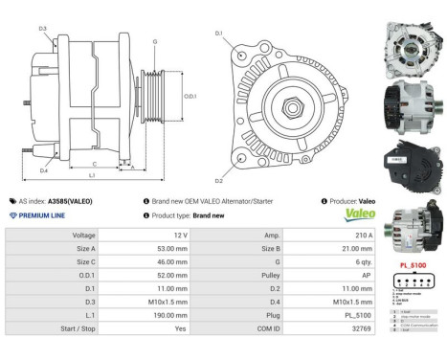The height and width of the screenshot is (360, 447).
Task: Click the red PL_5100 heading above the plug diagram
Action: [x=412, y=263]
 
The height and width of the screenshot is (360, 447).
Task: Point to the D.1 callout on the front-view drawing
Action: [x=219, y=34]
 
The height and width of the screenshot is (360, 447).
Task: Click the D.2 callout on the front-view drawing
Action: [x=219, y=179]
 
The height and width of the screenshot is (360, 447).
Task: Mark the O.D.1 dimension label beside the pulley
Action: [x=189, y=97]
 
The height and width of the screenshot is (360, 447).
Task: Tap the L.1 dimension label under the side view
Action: [x=92, y=176]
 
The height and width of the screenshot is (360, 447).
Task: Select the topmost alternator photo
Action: [x=411, y=39]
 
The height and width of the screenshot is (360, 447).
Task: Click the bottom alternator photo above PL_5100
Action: [x=411, y=231]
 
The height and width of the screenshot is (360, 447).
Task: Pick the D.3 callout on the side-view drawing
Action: [x=43, y=29]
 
